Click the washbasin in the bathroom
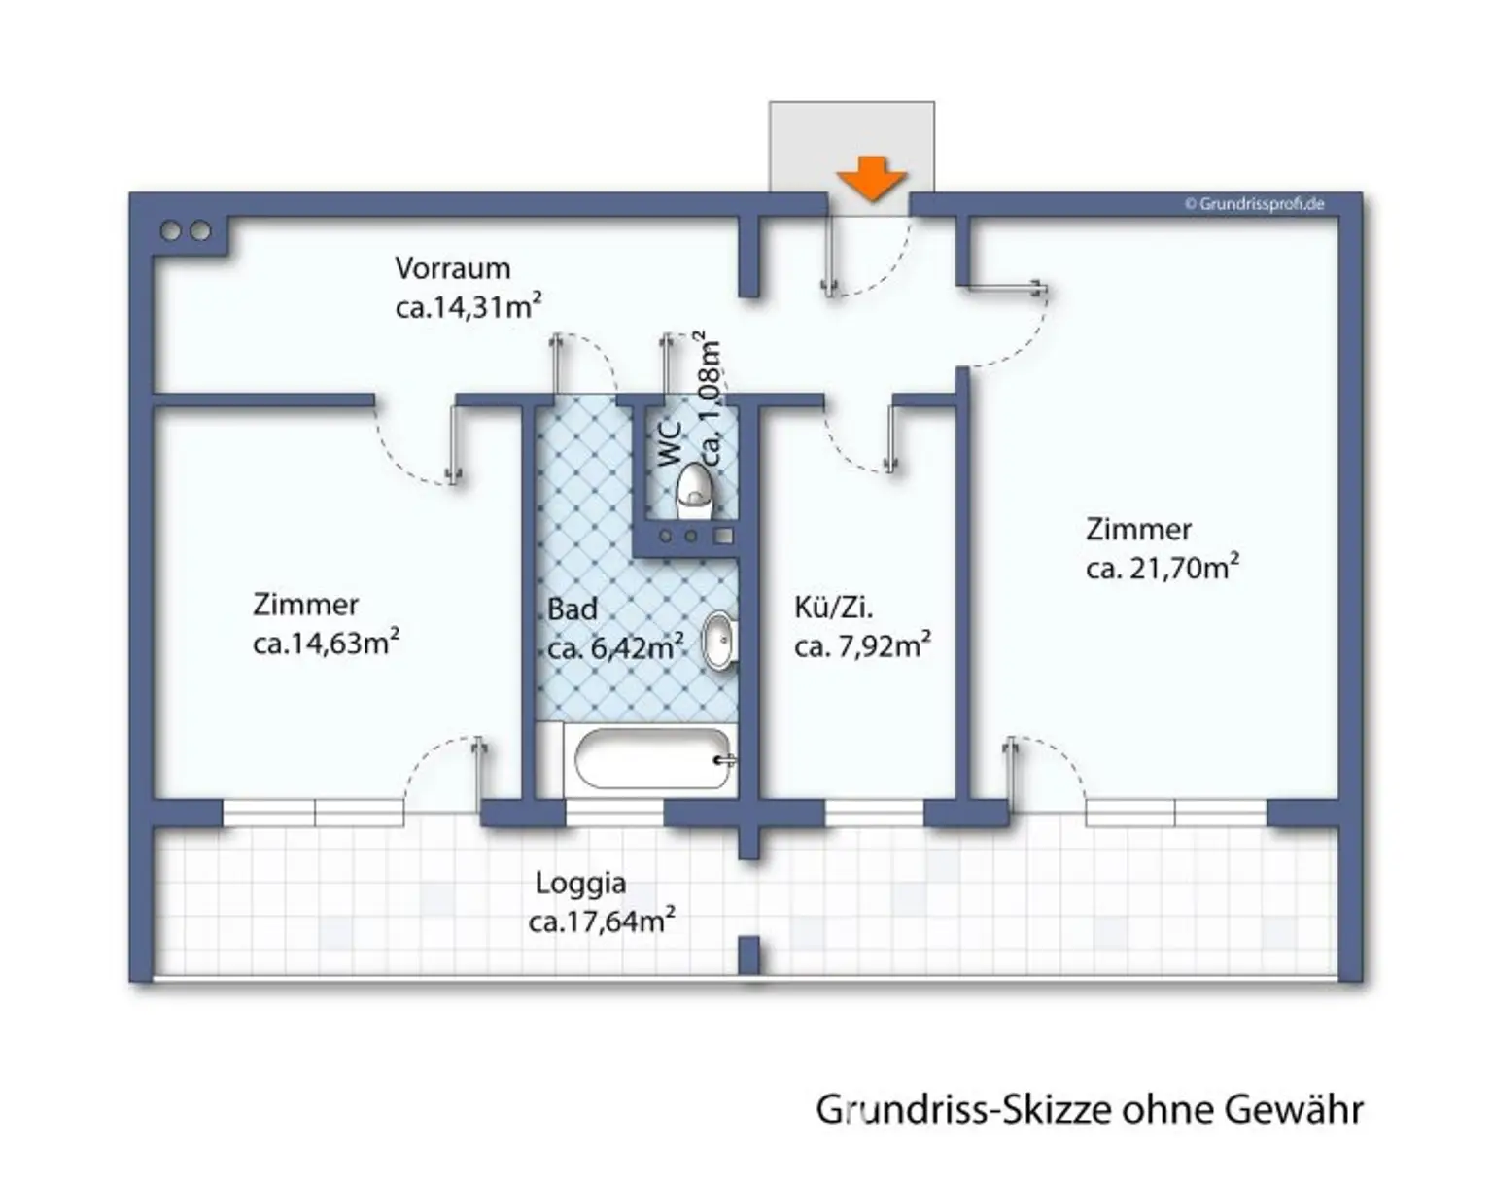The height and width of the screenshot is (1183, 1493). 718,641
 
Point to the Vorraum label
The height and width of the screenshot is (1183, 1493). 452,267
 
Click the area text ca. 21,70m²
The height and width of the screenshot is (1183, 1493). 1162,568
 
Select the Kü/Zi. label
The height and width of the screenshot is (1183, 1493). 833,608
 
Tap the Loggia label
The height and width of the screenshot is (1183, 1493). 580,883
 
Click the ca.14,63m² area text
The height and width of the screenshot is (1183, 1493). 326,644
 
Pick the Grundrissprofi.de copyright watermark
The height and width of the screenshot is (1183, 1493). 1254,204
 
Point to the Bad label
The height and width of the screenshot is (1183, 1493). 572,609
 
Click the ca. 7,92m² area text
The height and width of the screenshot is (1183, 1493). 862,646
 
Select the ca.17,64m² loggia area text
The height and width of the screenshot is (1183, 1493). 601,922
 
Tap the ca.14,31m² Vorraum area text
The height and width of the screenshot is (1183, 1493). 468,307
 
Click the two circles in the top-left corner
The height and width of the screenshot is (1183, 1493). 186,231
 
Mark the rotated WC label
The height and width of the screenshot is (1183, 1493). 670,443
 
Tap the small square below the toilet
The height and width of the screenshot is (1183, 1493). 723,536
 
